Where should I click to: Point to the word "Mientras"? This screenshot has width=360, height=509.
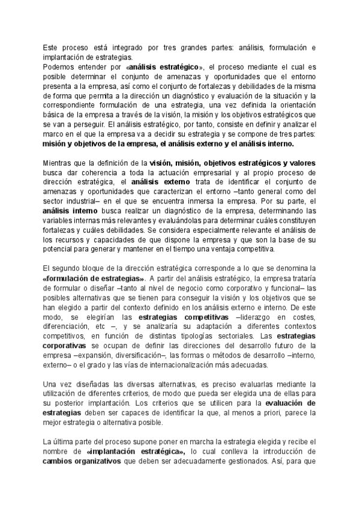(59, 163)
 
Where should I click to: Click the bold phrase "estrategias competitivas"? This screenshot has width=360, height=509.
(184, 317)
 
